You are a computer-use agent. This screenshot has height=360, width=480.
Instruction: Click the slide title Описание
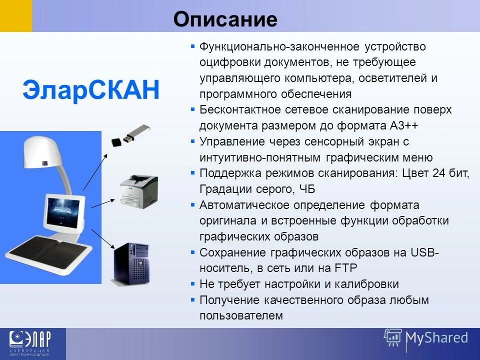click(x=225, y=19)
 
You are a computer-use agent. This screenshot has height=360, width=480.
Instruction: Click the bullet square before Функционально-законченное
click(x=193, y=46)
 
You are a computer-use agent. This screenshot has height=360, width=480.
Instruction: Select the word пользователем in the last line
click(x=241, y=316)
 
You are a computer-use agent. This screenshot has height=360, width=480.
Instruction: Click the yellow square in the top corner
click(x=15, y=15)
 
